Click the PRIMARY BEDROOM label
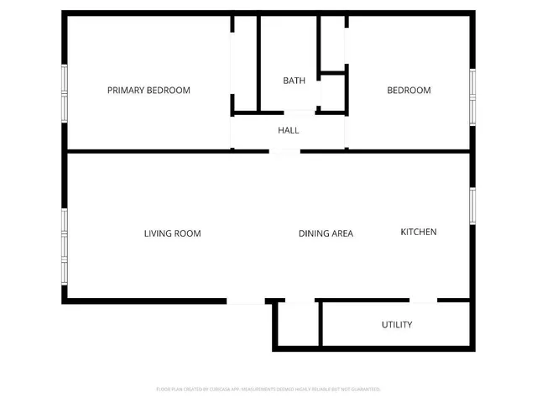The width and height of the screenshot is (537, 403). click(x=149, y=90)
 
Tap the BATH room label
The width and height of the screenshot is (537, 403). click(x=294, y=81)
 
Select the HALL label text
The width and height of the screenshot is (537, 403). click(x=289, y=130)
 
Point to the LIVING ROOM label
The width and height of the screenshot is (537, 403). click(x=172, y=233)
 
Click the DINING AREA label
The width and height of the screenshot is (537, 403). click(x=326, y=233)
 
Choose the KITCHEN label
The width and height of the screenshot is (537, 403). click(x=418, y=232)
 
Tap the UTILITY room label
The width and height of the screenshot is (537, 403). click(x=397, y=324)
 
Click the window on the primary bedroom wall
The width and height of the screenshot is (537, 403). click(x=64, y=93)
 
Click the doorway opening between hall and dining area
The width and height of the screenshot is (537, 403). click(x=284, y=152)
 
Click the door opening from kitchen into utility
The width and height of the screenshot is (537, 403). click(x=423, y=301)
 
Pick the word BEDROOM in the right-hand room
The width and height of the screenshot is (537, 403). click(x=409, y=90)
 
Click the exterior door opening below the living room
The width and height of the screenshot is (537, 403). click(x=245, y=301)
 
